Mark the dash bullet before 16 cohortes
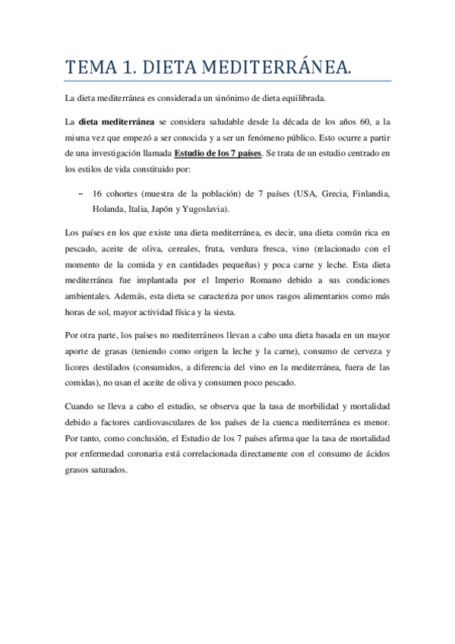click(x=81, y=194)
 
